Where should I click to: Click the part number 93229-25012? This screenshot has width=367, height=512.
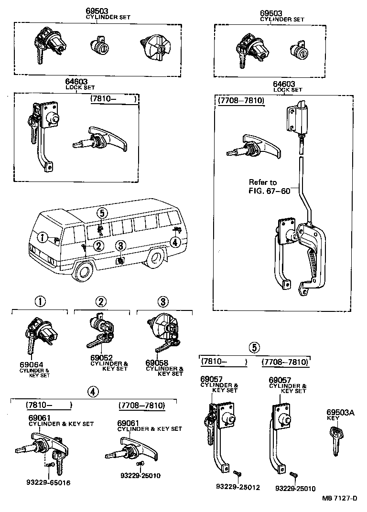pyautogui.click(x=237, y=487)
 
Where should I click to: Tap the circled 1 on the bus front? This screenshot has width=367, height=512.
pyautogui.click(x=43, y=237)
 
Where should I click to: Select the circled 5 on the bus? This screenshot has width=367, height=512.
pyautogui.click(x=103, y=213)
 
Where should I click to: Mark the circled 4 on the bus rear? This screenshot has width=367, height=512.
pyautogui.click(x=175, y=242)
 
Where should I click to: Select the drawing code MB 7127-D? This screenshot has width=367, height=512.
pyautogui.click(x=340, y=499)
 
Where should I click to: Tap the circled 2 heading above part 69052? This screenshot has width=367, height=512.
pyautogui.click(x=100, y=301)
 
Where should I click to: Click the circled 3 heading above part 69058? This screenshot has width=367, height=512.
pyautogui.click(x=163, y=301)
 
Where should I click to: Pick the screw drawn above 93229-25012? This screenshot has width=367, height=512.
pyautogui.click(x=237, y=473)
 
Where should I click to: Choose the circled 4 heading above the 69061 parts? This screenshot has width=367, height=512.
pyautogui.click(x=93, y=391)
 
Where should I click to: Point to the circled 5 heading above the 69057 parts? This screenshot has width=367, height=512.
pyautogui.click(x=255, y=347)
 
